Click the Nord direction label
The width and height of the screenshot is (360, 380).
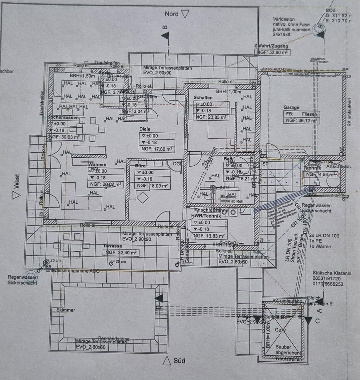[x=172, y=14]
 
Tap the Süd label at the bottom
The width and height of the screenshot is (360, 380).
[x=179, y=361]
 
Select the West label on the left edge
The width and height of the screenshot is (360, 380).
[x=17, y=181]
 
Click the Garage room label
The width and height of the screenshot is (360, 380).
[x=291, y=107]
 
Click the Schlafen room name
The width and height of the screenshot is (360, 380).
[x=203, y=97]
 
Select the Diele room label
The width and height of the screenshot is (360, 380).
[x=145, y=129]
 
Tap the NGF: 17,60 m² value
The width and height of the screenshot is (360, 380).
[x=157, y=149]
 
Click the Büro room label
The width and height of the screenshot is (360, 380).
[x=140, y=165]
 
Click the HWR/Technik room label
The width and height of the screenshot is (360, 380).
[x=206, y=216]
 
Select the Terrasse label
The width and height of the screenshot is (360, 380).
[x=112, y=246]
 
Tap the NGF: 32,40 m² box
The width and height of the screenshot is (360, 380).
[x=120, y=253]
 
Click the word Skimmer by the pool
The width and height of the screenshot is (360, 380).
[x=66, y=310]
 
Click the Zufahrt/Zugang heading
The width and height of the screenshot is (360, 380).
[x=271, y=46]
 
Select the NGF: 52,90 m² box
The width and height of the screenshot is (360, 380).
[x=272, y=52]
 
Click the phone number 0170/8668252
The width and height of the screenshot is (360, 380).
[x=328, y=284]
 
